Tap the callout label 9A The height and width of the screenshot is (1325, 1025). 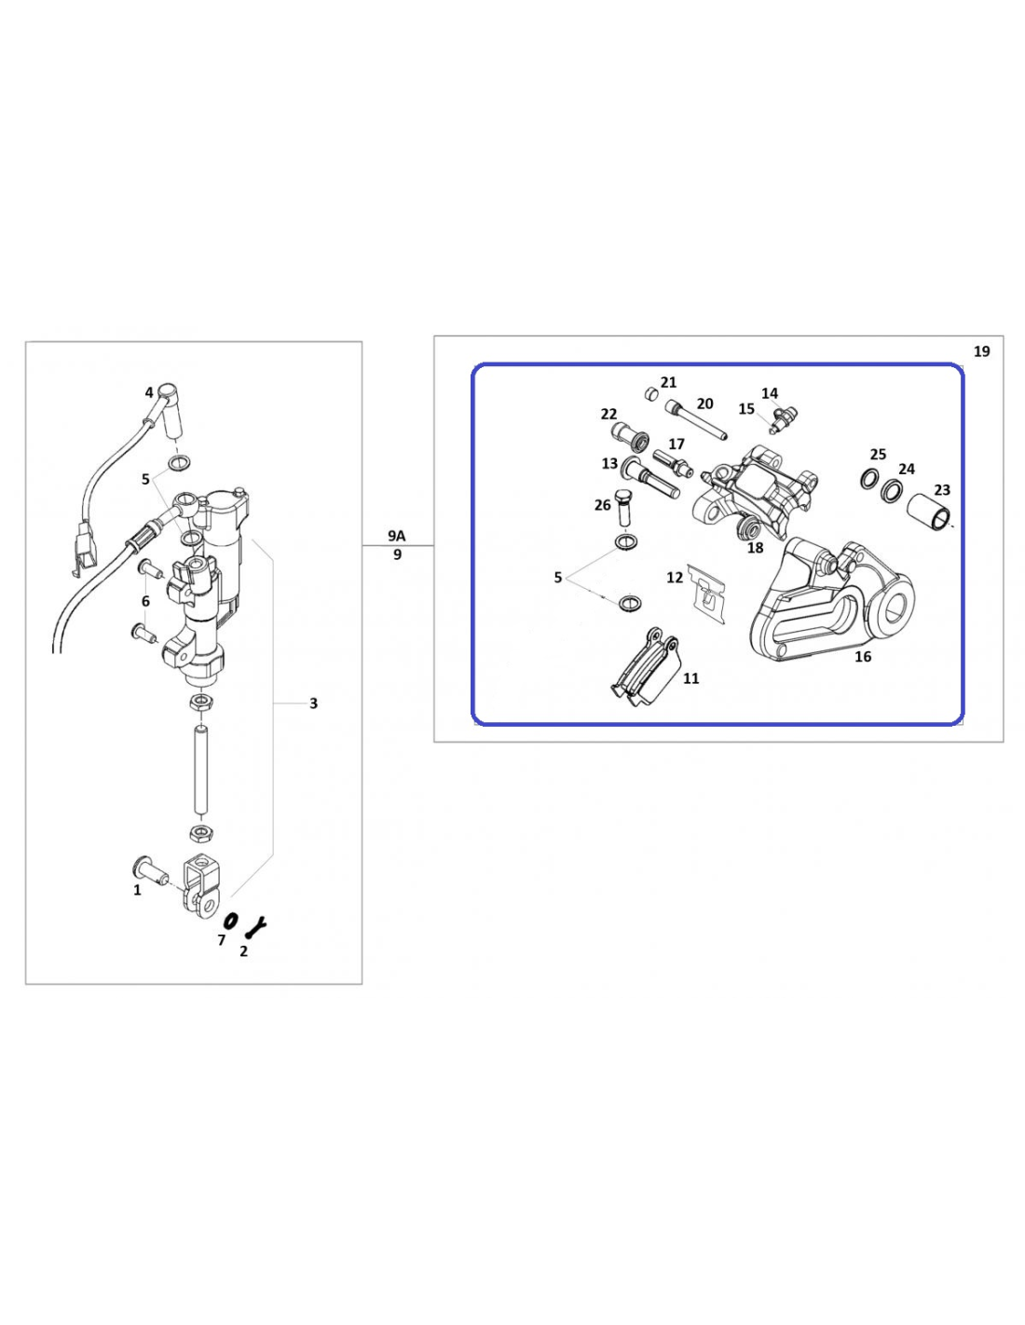tap(396, 536)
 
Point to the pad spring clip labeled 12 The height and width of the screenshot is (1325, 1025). tap(706, 594)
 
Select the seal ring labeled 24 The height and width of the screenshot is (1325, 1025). tap(893, 489)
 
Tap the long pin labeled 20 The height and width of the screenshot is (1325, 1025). tap(696, 419)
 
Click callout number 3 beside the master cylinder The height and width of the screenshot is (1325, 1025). tap(313, 703)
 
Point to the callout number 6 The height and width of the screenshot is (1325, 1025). tap(145, 601)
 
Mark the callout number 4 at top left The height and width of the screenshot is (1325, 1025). tap(149, 392)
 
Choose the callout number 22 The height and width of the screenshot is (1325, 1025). tap(608, 414)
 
